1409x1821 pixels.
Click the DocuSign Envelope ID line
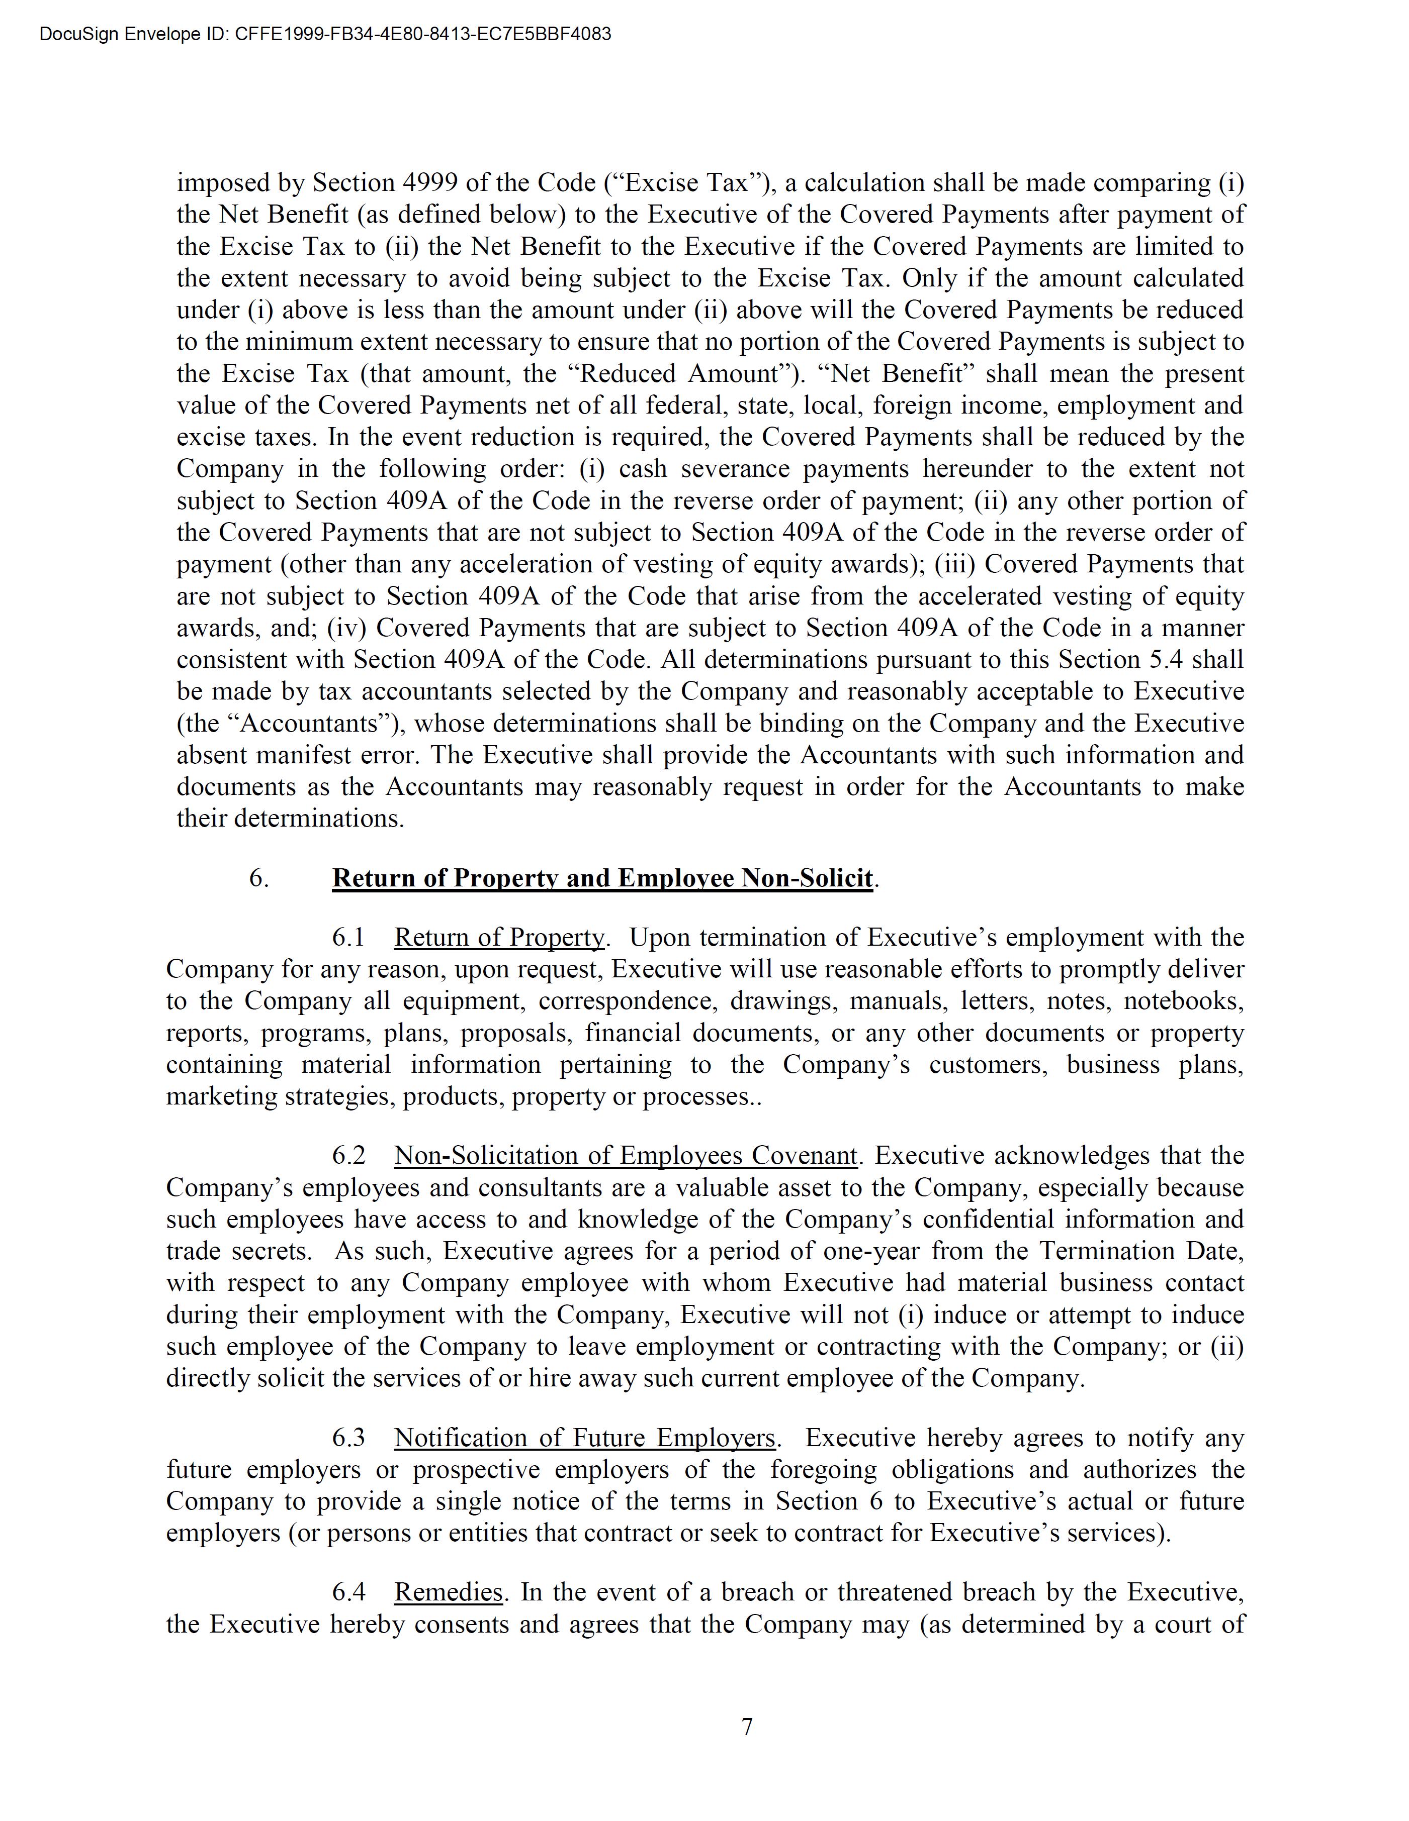click(x=325, y=34)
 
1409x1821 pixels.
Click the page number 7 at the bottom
click(x=747, y=1726)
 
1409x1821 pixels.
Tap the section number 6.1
click(x=348, y=937)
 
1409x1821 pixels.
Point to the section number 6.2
click(x=348, y=1156)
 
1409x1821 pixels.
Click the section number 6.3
click(x=348, y=1438)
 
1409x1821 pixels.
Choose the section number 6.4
click(x=348, y=1592)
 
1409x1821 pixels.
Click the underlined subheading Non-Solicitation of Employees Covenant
click(x=625, y=1156)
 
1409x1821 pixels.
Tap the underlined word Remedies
click(x=448, y=1592)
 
